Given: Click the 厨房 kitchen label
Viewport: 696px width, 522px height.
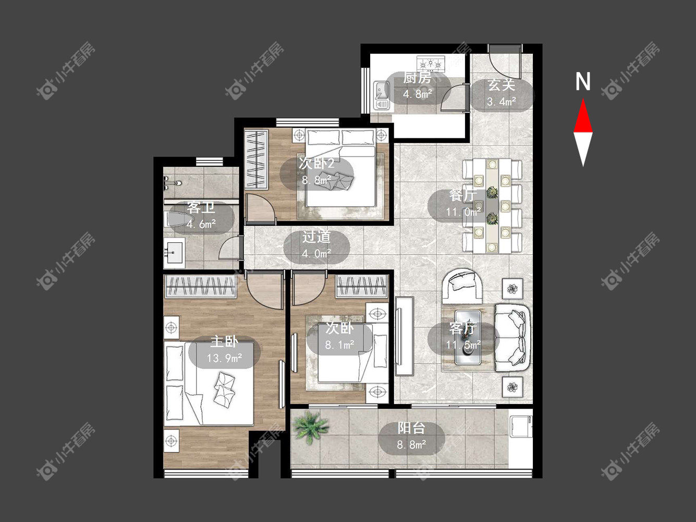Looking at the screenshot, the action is point(417,78).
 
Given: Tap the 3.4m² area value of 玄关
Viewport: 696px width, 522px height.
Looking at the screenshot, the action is point(502,102).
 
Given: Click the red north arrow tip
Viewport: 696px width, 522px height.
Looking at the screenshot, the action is point(583,99).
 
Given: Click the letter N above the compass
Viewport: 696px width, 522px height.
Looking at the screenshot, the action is point(583,81).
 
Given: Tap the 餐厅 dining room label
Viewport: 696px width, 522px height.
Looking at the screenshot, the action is point(463,195).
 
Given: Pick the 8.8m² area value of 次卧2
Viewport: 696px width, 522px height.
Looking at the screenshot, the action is point(316,180).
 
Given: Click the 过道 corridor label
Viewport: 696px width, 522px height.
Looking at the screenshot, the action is point(316,237).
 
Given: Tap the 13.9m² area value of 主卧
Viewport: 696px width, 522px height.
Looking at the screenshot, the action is point(225,359).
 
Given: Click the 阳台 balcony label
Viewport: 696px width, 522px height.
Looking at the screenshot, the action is point(411,428).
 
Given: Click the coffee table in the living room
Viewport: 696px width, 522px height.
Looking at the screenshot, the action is point(468,337).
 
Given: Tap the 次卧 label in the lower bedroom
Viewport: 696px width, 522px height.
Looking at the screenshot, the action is point(339,329).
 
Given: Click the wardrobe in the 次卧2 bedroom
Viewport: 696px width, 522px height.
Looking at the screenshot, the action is point(256,159).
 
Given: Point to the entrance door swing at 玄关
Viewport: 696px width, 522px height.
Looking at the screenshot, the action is point(504,65).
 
